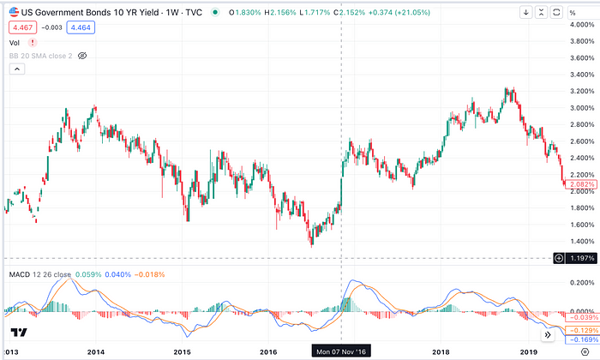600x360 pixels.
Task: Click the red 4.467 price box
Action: coord(22,27)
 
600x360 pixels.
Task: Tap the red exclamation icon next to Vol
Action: coord(29,42)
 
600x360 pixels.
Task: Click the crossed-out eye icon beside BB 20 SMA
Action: coord(83,55)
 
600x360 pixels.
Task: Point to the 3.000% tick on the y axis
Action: coord(581,108)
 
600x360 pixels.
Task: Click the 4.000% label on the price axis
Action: coord(581,24)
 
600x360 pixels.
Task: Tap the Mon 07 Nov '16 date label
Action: coord(341,351)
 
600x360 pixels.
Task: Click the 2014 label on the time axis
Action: coord(96,351)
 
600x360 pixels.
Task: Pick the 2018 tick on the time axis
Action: coord(441,351)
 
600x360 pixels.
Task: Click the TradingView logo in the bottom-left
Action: coord(19,333)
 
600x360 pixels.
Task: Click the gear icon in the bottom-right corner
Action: coord(585,351)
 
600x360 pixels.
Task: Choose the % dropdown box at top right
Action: coord(585,12)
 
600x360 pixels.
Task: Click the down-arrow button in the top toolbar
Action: coord(526,12)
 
